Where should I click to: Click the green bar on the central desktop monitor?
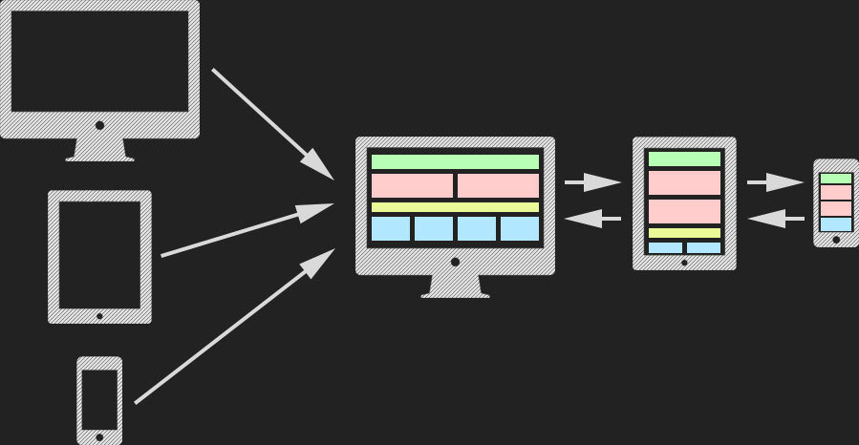455,161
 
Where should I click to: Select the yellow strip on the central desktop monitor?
455,207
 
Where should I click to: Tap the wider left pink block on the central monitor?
412,185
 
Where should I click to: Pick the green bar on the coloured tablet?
684,159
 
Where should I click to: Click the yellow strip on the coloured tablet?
684,233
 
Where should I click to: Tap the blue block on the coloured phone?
835,224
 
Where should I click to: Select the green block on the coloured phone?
835,179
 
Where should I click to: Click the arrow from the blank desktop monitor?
271,123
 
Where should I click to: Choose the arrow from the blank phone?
234,326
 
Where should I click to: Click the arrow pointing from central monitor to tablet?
592,181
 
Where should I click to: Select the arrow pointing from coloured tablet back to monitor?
592,220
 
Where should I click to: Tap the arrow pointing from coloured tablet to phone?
775,181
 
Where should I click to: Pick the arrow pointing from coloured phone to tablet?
775,220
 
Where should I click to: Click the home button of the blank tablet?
99,313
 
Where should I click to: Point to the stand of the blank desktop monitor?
99,149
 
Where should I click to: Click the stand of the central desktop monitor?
455,286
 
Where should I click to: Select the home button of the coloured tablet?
684,261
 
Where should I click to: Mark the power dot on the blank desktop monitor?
99,124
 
